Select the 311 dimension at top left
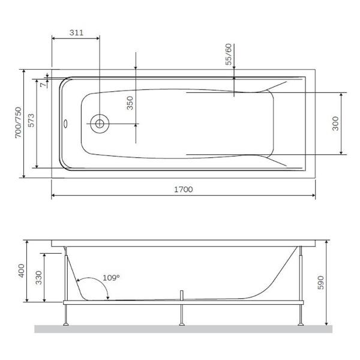click(x=76, y=32)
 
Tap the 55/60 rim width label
click(x=228, y=54)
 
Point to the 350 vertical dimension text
click(x=130, y=104)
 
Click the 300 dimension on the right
click(x=335, y=123)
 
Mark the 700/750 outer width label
click(x=18, y=123)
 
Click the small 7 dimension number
click(x=42, y=85)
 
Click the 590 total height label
click(x=320, y=282)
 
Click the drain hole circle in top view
click(x=100, y=124)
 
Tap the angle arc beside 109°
click(x=90, y=283)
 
